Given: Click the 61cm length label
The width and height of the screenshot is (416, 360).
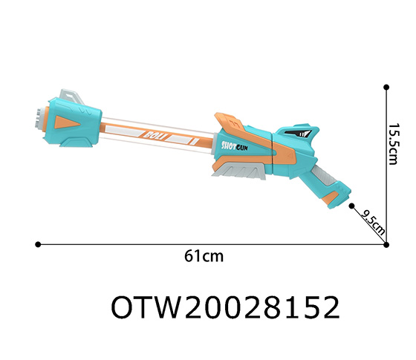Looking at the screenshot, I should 204,256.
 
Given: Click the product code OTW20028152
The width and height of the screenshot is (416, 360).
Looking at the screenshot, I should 225,307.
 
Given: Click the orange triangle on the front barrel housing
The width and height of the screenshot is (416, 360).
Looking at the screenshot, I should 75,121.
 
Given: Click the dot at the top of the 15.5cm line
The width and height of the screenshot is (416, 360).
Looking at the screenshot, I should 386,87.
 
